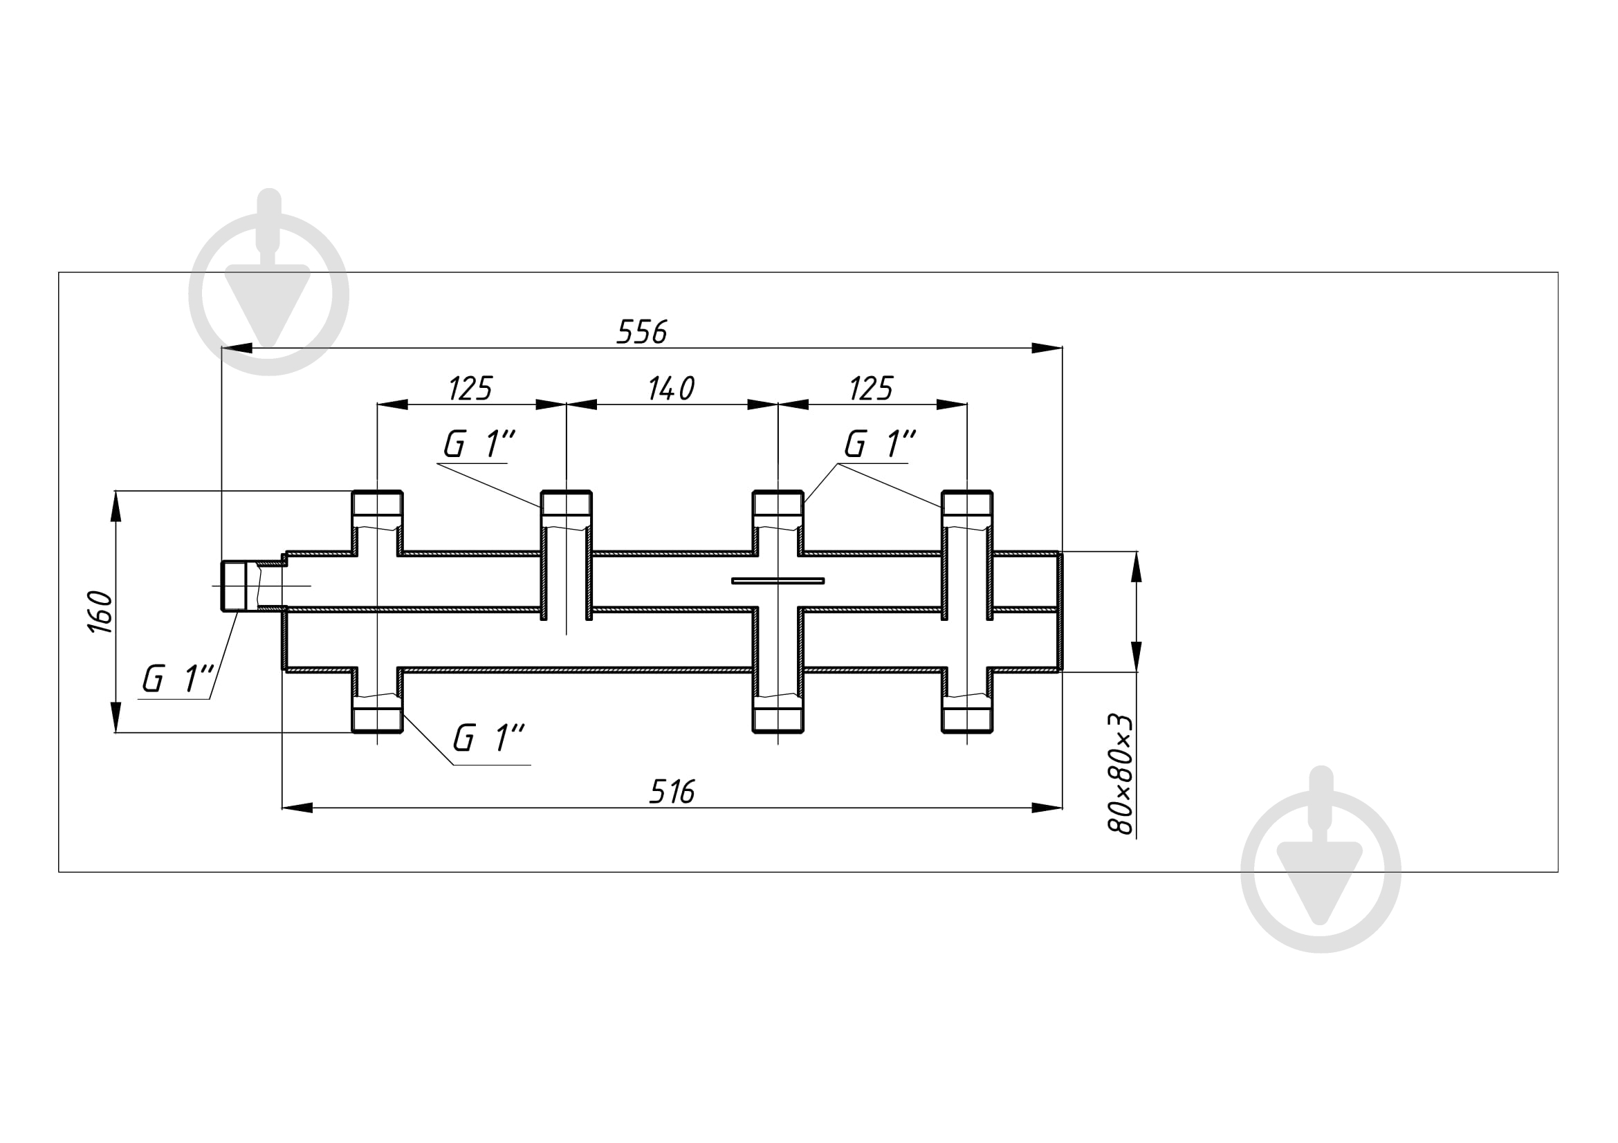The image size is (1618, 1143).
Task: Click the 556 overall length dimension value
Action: [641, 332]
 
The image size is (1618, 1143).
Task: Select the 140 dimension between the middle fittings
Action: [671, 388]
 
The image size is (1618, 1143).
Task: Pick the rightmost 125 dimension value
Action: [871, 388]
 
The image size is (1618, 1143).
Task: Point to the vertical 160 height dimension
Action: [101, 612]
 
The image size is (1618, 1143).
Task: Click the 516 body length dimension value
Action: [672, 792]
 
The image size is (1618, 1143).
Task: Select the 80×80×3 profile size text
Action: [1121, 774]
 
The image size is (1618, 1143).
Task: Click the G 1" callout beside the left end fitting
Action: [177, 679]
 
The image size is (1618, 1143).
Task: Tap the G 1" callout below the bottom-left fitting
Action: [488, 738]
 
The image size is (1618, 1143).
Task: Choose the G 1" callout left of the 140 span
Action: [479, 444]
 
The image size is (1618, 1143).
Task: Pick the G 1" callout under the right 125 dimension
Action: [880, 444]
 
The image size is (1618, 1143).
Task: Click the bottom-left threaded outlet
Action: [377, 714]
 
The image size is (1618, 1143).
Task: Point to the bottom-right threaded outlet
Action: [967, 714]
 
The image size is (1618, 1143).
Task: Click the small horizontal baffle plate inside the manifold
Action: [778, 581]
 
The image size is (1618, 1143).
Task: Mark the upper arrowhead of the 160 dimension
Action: [116, 506]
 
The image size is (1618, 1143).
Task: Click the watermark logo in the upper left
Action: [269, 281]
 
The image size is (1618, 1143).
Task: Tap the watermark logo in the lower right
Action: [1321, 859]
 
